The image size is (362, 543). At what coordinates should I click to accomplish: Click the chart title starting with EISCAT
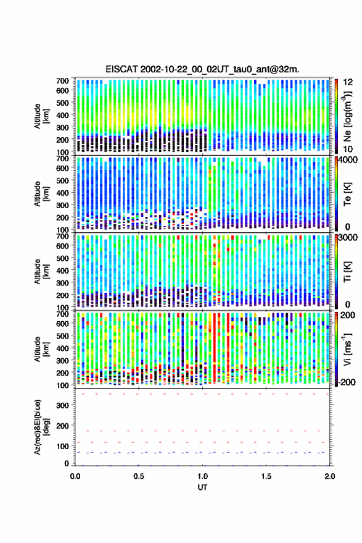(x=202, y=69)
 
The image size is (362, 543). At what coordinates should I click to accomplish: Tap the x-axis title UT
(x=202, y=487)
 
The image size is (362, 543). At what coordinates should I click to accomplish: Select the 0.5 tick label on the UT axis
(x=139, y=476)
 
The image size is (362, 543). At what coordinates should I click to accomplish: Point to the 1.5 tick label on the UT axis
(x=266, y=476)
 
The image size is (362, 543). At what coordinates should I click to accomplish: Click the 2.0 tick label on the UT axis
(x=330, y=476)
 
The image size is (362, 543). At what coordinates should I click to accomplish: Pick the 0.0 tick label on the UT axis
(x=75, y=476)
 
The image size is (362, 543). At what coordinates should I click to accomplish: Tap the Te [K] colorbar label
(x=347, y=194)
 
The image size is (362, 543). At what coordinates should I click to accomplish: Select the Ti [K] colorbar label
(x=347, y=272)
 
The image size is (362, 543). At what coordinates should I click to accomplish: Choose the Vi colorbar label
(x=347, y=349)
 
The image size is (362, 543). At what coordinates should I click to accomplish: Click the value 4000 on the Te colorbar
(x=347, y=161)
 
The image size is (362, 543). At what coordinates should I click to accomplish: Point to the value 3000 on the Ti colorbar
(x=347, y=238)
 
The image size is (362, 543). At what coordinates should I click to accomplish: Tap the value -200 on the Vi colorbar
(x=345, y=382)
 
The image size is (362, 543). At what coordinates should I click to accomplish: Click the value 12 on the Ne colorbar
(x=347, y=82)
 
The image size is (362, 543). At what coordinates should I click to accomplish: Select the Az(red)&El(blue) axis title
(x=41, y=427)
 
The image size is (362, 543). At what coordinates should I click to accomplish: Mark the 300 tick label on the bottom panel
(x=62, y=405)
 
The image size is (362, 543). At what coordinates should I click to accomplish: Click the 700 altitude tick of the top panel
(x=62, y=81)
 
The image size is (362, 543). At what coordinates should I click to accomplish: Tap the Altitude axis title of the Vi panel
(x=41, y=349)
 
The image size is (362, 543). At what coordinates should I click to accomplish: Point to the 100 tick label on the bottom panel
(x=62, y=447)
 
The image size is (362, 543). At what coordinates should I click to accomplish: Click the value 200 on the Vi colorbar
(x=347, y=316)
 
